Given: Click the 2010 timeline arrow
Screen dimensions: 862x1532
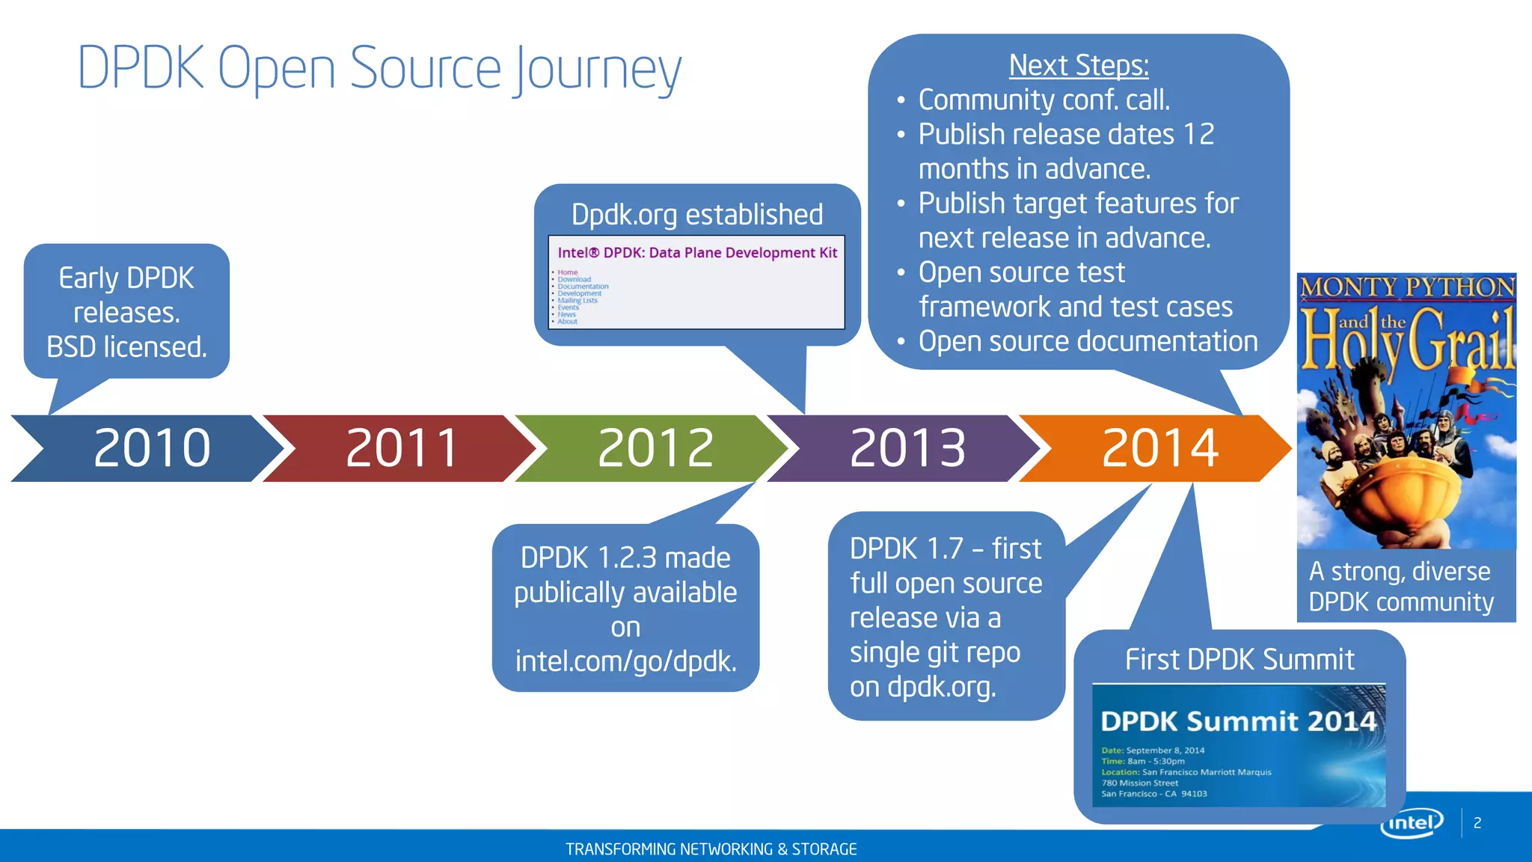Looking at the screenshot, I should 150,448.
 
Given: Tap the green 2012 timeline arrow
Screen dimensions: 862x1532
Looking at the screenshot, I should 655,448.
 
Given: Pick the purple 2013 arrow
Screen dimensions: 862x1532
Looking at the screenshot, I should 907,448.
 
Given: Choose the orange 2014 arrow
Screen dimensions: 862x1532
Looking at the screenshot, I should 1159,448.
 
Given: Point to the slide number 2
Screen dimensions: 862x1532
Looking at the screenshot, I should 1477,823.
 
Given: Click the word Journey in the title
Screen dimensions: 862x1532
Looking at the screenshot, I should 598,70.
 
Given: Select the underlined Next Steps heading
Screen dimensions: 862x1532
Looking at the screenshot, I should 1078,65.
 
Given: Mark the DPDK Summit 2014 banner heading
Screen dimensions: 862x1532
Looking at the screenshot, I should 1238,721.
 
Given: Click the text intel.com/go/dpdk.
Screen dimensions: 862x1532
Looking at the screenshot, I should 625,661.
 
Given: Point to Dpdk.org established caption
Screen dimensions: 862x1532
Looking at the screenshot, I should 696,215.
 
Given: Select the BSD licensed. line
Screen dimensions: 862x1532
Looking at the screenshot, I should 126,347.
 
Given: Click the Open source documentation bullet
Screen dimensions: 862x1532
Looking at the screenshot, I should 1088,342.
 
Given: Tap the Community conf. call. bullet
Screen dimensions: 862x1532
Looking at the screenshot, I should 1044,100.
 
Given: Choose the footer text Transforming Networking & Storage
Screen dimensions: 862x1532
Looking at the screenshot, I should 711,849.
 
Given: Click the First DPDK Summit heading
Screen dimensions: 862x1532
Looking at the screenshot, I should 1240,660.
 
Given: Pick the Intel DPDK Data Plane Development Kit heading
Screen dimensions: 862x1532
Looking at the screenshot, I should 696,253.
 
